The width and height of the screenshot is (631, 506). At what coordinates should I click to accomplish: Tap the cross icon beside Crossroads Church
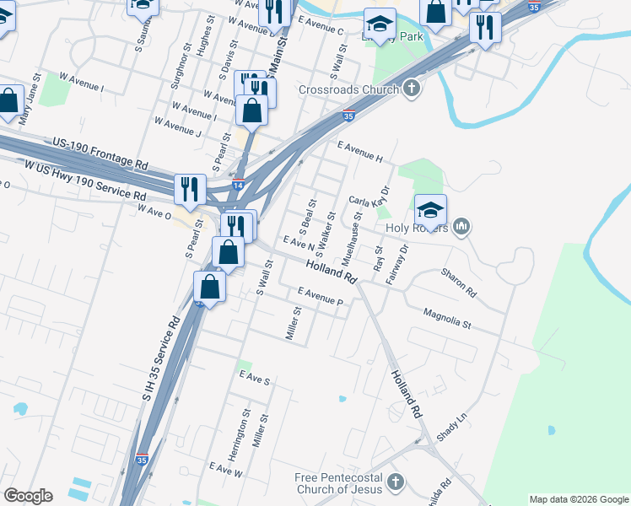411,89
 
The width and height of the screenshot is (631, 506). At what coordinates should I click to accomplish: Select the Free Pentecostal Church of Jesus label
338,483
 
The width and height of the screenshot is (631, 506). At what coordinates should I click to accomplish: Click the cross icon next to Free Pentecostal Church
396,482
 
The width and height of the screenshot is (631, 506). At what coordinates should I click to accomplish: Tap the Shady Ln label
451,427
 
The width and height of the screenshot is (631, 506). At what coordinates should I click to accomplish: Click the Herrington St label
246,431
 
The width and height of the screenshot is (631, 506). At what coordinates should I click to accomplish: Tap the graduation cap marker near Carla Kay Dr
429,211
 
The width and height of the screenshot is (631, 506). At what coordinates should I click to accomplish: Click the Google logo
28,496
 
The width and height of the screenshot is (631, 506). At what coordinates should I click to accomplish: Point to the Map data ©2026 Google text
578,499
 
